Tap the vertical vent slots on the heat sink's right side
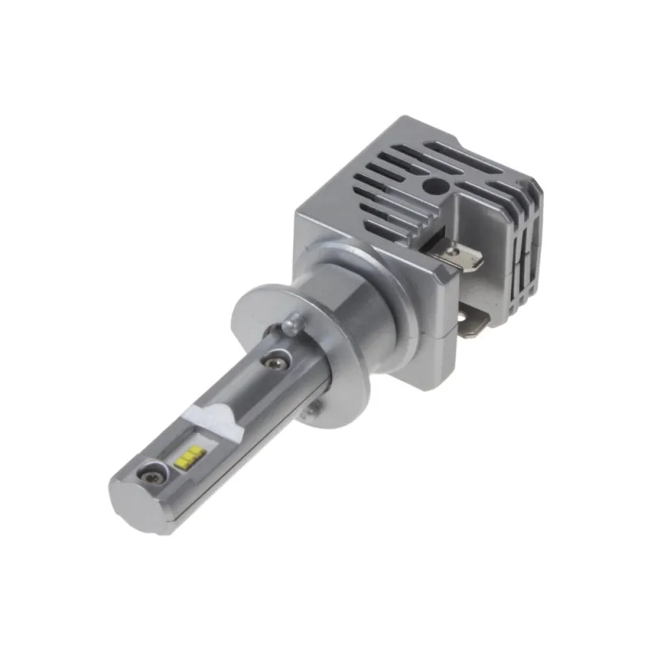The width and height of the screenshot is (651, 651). (x=521, y=244)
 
